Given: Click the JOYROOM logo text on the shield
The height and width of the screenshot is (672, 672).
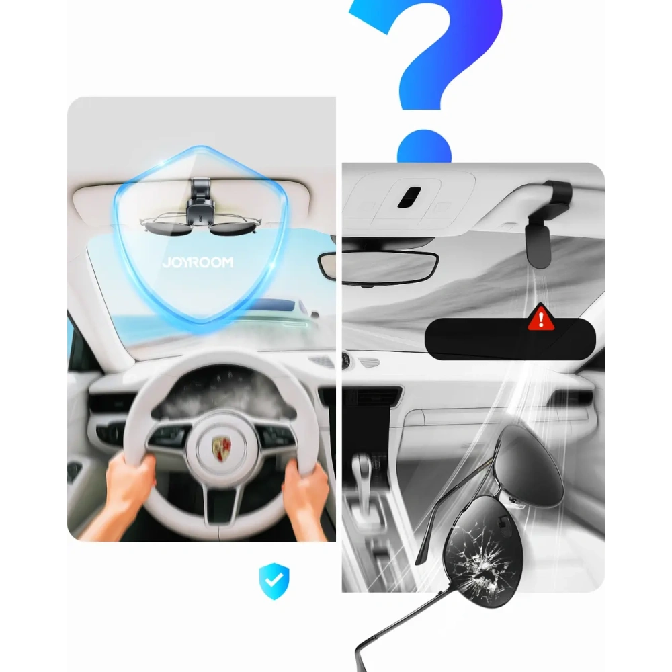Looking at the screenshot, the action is tap(198, 262).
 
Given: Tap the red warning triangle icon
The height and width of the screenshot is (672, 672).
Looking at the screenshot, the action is tap(541, 318).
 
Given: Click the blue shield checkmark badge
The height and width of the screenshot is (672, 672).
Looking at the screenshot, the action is tap(274, 581).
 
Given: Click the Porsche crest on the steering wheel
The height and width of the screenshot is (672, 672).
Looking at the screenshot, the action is tap(221, 448).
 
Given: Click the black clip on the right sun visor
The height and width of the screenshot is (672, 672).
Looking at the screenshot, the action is tap(547, 223).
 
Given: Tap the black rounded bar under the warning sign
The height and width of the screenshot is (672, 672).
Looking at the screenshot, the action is tap(510, 339).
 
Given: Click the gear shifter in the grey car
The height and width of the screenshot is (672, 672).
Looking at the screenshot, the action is tap(362, 476).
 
